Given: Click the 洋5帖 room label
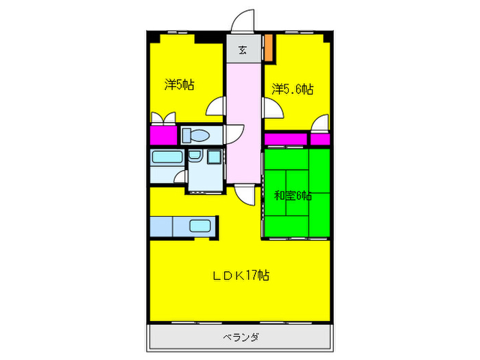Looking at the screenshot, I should click(x=179, y=85).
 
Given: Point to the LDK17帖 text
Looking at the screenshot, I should click(x=239, y=276).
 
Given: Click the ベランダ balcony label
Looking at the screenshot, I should click(x=239, y=337).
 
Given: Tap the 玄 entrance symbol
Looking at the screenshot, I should click(x=243, y=49).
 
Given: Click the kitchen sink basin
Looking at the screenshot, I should click(x=202, y=226).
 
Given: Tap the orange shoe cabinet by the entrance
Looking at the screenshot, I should click(x=269, y=47).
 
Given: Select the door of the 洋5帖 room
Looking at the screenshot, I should click(x=218, y=106).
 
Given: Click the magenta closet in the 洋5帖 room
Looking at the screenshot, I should click(x=163, y=135).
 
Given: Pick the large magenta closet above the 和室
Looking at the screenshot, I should click(x=285, y=139).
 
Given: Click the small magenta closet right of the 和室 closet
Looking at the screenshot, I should click(x=319, y=139).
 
